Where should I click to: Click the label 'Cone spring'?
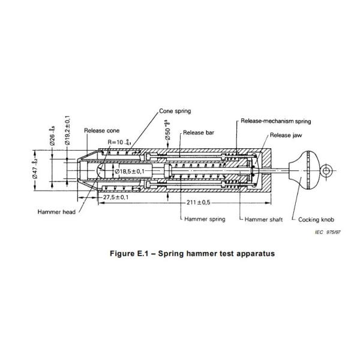(175, 112)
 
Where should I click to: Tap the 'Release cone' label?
(100, 130)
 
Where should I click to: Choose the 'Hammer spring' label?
(205, 220)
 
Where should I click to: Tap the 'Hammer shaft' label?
(264, 220)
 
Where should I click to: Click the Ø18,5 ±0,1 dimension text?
(132, 172)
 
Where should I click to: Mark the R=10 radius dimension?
(119, 142)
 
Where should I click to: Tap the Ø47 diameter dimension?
(41, 172)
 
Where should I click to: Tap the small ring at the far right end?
(327, 172)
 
